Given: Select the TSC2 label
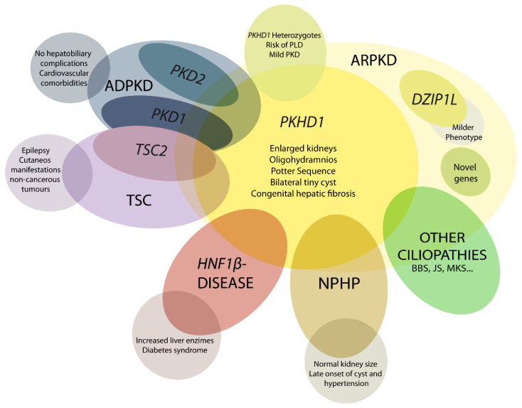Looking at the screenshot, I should [151, 149].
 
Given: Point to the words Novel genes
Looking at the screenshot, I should [465, 172].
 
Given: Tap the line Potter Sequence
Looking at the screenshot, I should [302, 171].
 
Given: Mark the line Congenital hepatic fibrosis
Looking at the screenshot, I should [302, 194].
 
